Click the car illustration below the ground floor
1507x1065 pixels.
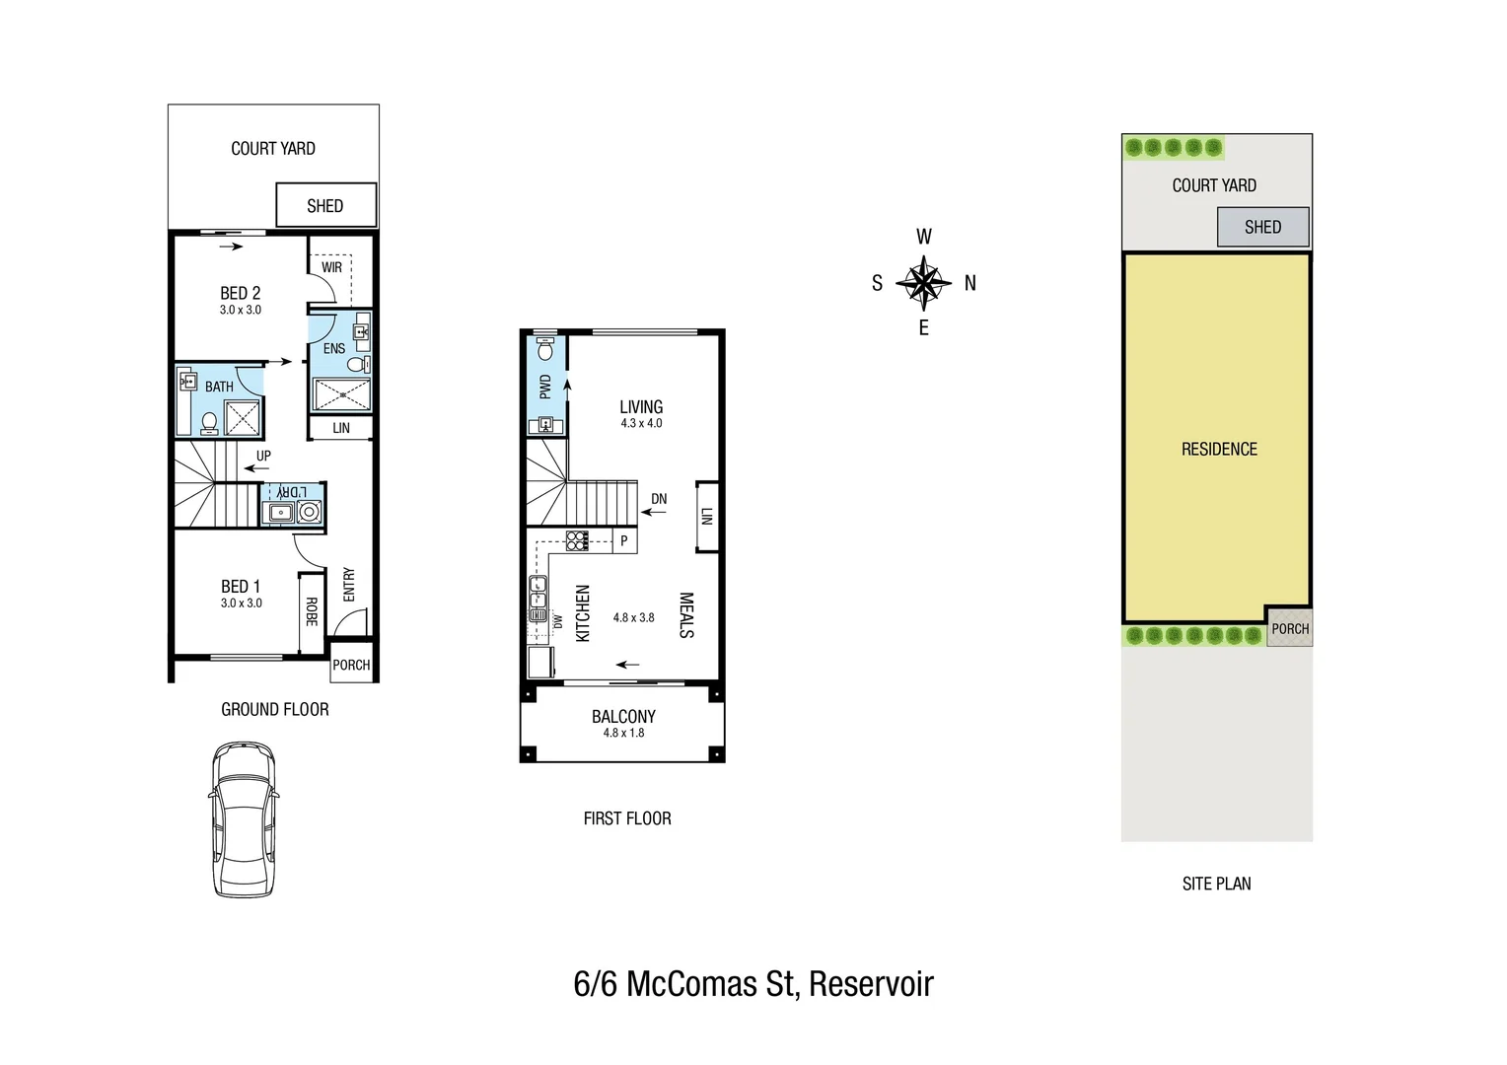click(x=244, y=819)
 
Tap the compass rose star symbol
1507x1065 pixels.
click(x=924, y=283)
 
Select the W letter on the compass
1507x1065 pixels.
click(x=924, y=237)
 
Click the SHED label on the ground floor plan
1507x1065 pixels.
click(x=324, y=206)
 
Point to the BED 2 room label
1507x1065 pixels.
click(x=241, y=293)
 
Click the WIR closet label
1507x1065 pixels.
click(x=331, y=267)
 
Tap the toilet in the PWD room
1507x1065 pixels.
click(x=545, y=349)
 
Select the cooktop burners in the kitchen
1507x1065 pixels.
click(x=577, y=541)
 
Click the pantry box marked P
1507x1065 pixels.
click(x=625, y=541)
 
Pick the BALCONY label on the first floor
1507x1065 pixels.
click(x=623, y=717)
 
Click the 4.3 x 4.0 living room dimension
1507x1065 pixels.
click(x=641, y=423)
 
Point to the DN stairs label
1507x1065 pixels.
click(x=659, y=499)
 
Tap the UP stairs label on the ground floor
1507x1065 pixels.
click(x=263, y=456)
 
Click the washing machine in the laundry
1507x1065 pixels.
click(x=310, y=512)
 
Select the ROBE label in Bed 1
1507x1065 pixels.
click(x=312, y=611)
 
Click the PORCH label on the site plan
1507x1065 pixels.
click(x=1290, y=629)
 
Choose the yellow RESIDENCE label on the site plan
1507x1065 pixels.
click(x=1219, y=449)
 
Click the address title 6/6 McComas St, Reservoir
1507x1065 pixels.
click(x=753, y=983)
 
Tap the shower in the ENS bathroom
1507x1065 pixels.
click(x=342, y=394)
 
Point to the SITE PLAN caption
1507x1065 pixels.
click(x=1216, y=884)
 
